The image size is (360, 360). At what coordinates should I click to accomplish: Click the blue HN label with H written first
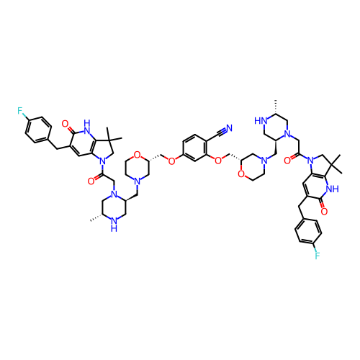[x=261, y=121]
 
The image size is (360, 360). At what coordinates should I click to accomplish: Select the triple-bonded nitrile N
[x=229, y=128]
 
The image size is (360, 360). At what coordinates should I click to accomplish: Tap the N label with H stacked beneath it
[x=114, y=223]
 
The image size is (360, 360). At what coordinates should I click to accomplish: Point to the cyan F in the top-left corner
[x=20, y=111]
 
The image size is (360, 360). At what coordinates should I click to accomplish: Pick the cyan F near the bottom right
[x=317, y=255]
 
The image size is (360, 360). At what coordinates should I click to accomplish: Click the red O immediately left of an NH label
[x=66, y=124]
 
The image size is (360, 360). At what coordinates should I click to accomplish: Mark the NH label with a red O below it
[x=331, y=189]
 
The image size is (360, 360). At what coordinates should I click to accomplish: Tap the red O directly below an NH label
[x=324, y=211]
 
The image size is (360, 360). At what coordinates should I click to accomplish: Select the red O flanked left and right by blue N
[x=287, y=160]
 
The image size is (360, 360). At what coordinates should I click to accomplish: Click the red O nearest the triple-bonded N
[x=217, y=160]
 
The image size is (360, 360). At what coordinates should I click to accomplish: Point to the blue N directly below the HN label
[x=264, y=161]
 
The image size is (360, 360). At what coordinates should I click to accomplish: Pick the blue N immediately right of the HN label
[x=287, y=133]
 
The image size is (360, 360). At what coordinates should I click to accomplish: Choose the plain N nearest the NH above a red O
[x=310, y=161]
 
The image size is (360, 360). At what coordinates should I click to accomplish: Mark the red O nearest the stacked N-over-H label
[x=91, y=181]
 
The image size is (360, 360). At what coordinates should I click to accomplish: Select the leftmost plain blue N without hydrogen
[x=102, y=161]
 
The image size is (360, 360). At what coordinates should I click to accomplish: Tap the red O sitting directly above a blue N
[x=137, y=155]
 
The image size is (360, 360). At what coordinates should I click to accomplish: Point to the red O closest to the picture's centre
[x=171, y=161]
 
